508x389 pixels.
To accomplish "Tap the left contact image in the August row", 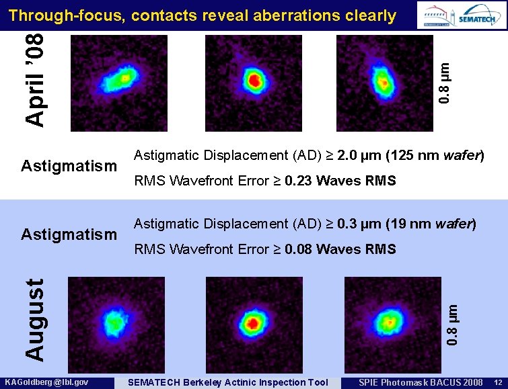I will (115, 321).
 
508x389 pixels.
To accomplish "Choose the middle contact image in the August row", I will (253, 321).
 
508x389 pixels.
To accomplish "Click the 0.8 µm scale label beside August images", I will (453, 324).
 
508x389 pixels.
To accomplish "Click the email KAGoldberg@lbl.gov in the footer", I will (52, 382).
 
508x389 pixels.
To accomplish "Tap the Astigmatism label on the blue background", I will (69, 234).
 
